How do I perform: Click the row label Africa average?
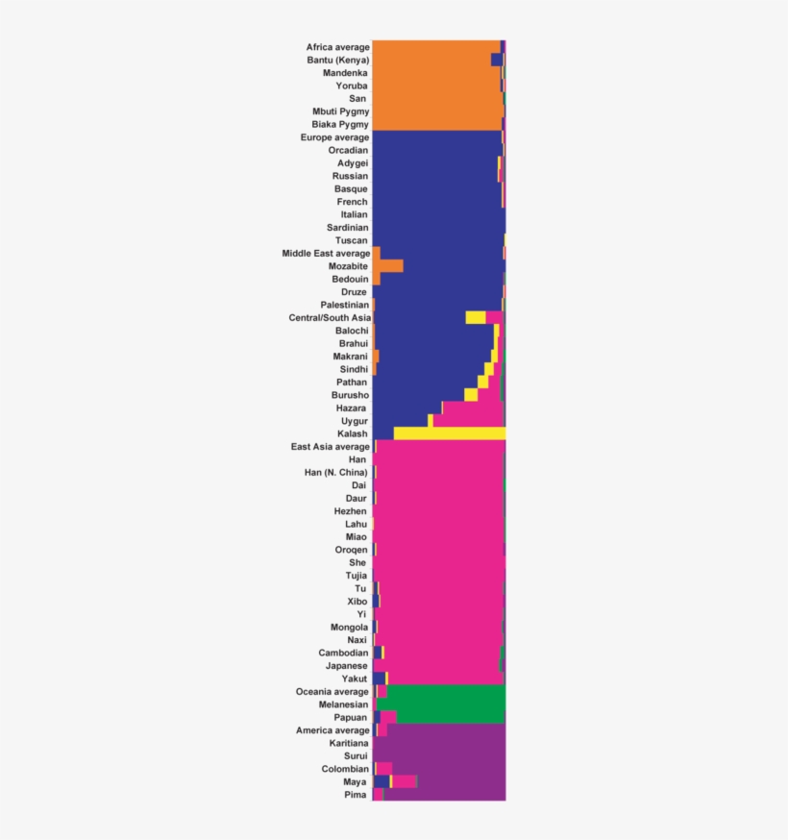pos(337,47)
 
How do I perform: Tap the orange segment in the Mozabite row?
pos(388,266)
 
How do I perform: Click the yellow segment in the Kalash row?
pos(449,433)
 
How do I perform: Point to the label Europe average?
pos(334,137)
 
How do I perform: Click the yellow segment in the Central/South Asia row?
pos(475,317)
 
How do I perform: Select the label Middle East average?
pos(325,254)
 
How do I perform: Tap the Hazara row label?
pos(352,408)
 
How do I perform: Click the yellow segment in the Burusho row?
pos(471,395)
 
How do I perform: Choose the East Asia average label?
pos(330,447)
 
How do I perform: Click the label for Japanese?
pos(346,665)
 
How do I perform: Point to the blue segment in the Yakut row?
pos(379,679)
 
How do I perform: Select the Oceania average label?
pos(332,691)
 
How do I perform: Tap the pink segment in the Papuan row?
pos(388,717)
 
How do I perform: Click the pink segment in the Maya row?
pos(405,781)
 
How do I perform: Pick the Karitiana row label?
pos(348,743)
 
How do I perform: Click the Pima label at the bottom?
pos(356,795)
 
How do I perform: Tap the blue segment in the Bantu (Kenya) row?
pos(496,61)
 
